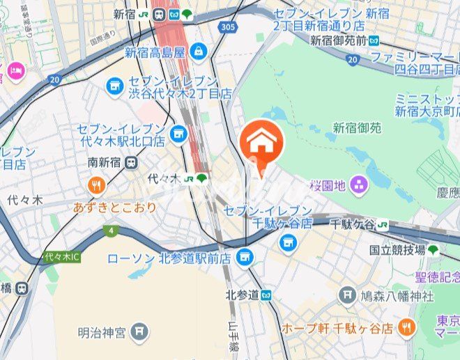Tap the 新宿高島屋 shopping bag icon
point(199,51)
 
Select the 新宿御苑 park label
point(357,128)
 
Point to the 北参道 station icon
point(266,295)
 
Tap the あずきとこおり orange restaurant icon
point(97,185)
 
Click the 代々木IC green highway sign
point(62,257)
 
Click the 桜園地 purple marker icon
point(360,185)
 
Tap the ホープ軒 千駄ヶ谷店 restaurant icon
point(408,326)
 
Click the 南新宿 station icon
point(132,162)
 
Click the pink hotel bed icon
point(16,70)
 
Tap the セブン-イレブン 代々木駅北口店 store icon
point(179,132)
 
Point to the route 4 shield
point(111,230)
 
